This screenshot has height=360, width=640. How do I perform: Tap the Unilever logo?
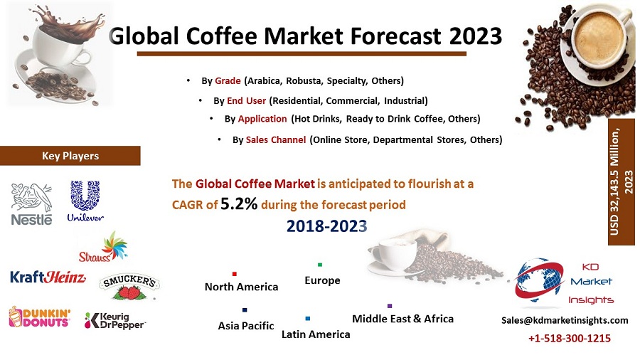point(85,201)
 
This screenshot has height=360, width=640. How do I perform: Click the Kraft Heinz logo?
point(48,277)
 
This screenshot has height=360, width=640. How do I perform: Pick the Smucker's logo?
point(129,287)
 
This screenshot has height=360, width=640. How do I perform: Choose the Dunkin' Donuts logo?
point(39,317)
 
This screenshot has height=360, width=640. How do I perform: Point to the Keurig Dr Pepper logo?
point(114,320)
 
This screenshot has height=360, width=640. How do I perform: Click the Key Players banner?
point(70,156)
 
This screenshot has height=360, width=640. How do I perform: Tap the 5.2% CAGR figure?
point(240,204)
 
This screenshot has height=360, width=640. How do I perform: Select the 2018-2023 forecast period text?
point(327,226)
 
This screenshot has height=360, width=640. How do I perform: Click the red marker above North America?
point(234,273)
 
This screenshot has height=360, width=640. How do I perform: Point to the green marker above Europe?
point(320,265)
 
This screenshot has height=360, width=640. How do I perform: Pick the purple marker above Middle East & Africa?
point(390,306)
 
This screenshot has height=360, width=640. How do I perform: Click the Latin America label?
point(316,334)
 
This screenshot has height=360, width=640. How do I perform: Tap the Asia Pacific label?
point(246,326)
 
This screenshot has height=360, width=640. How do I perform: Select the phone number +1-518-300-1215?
point(569,339)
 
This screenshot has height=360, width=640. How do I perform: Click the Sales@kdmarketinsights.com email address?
point(565,320)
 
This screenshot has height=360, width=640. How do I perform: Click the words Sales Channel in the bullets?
point(276,140)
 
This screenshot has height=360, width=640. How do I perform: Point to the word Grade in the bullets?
point(228,80)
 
